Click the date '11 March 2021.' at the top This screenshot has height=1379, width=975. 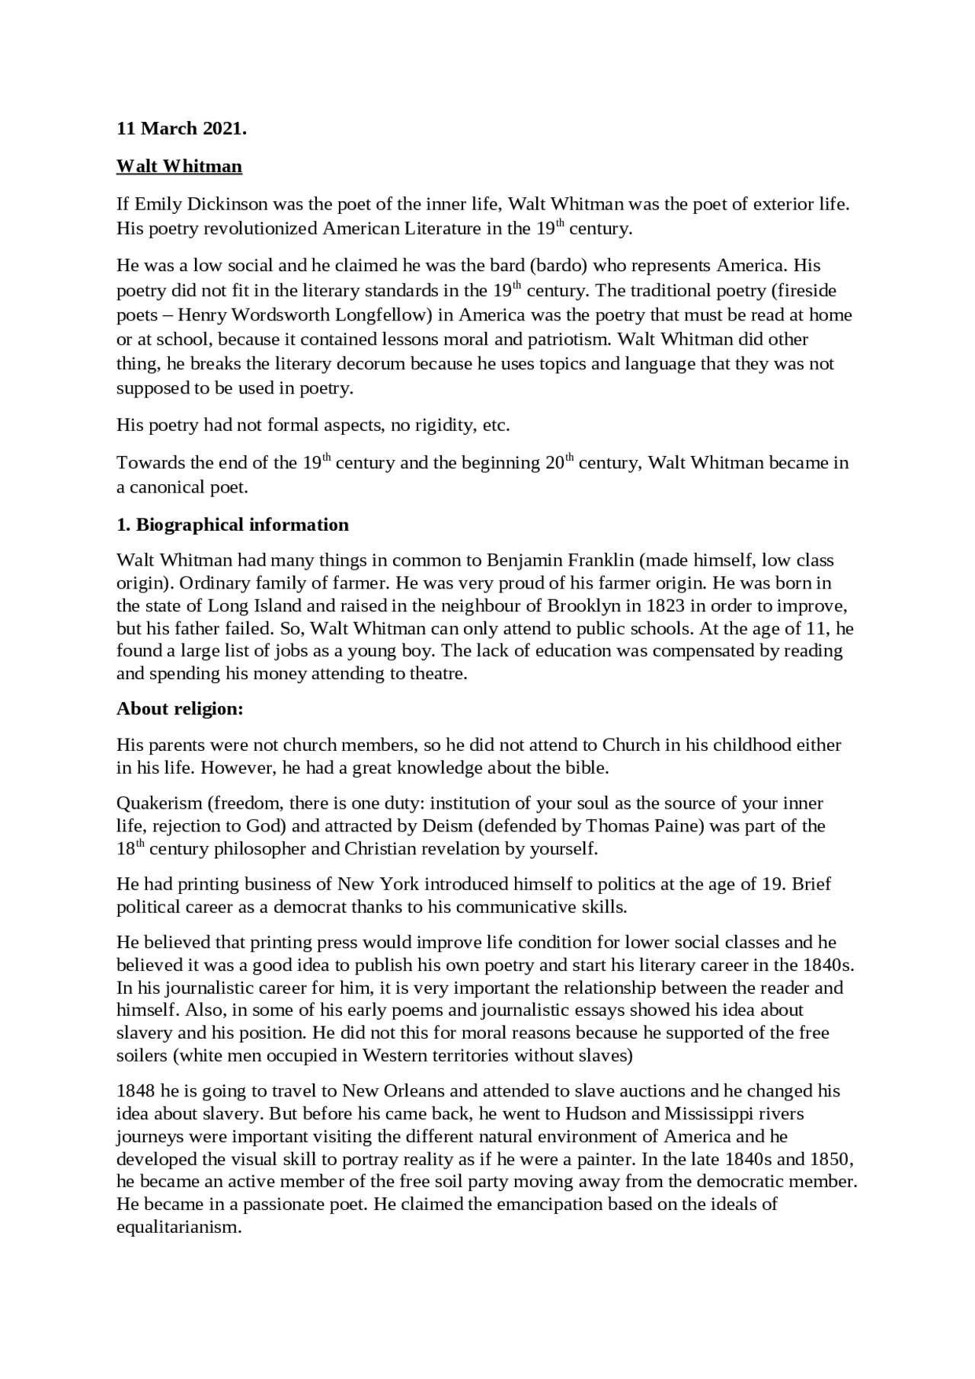pos(181,129)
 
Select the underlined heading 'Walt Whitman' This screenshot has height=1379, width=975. pos(179,166)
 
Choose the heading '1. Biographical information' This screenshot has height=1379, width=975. pos(232,525)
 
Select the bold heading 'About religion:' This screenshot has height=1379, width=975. pos(180,709)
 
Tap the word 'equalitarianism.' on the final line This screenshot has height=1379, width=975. pos(178,1227)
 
